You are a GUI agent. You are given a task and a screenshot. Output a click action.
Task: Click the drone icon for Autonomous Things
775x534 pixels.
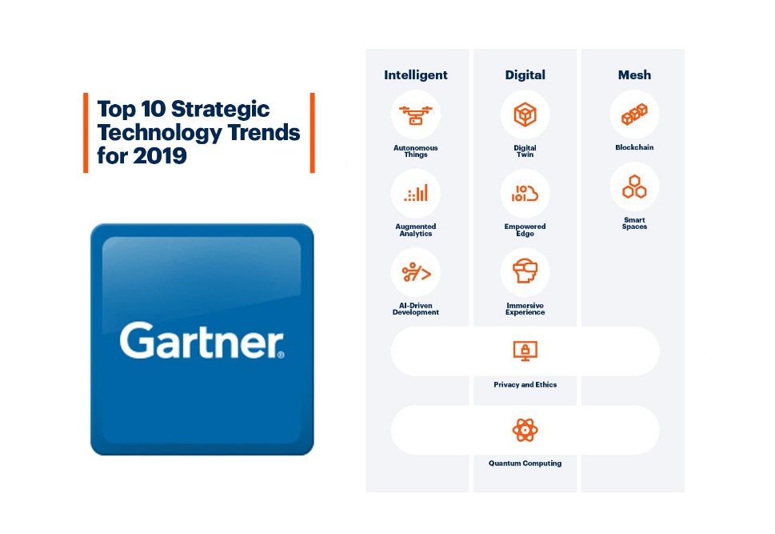416,114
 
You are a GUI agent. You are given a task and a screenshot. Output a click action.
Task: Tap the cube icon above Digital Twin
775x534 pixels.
525,114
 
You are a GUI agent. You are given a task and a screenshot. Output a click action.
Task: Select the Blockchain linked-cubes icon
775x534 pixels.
634,114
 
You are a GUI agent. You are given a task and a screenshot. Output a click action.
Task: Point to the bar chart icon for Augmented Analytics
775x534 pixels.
416,193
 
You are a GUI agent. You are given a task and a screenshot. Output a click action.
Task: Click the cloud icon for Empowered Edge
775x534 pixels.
525,194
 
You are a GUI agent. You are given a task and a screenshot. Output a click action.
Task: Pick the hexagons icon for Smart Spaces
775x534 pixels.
634,187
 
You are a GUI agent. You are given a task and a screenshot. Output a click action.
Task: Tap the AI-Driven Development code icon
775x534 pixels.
416,272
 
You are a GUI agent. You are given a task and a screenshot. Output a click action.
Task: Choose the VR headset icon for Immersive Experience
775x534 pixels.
525,271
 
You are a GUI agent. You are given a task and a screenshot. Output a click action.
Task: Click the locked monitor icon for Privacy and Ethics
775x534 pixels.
525,351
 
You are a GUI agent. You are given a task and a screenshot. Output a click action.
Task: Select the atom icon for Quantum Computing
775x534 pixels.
525,430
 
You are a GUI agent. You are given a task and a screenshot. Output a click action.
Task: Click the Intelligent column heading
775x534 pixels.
416,75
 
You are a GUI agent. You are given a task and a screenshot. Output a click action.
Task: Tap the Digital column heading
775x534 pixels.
525,75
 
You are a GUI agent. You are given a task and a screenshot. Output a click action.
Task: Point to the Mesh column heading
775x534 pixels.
634,74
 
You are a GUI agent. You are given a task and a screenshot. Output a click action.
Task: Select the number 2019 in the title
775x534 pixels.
160,155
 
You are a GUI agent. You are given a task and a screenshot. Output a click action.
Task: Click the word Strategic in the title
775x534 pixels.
220,110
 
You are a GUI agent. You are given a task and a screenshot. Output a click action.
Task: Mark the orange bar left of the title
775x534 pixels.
86,133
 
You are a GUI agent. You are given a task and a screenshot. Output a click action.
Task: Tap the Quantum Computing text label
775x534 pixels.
525,464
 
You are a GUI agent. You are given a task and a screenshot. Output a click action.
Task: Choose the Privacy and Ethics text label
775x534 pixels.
525,384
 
